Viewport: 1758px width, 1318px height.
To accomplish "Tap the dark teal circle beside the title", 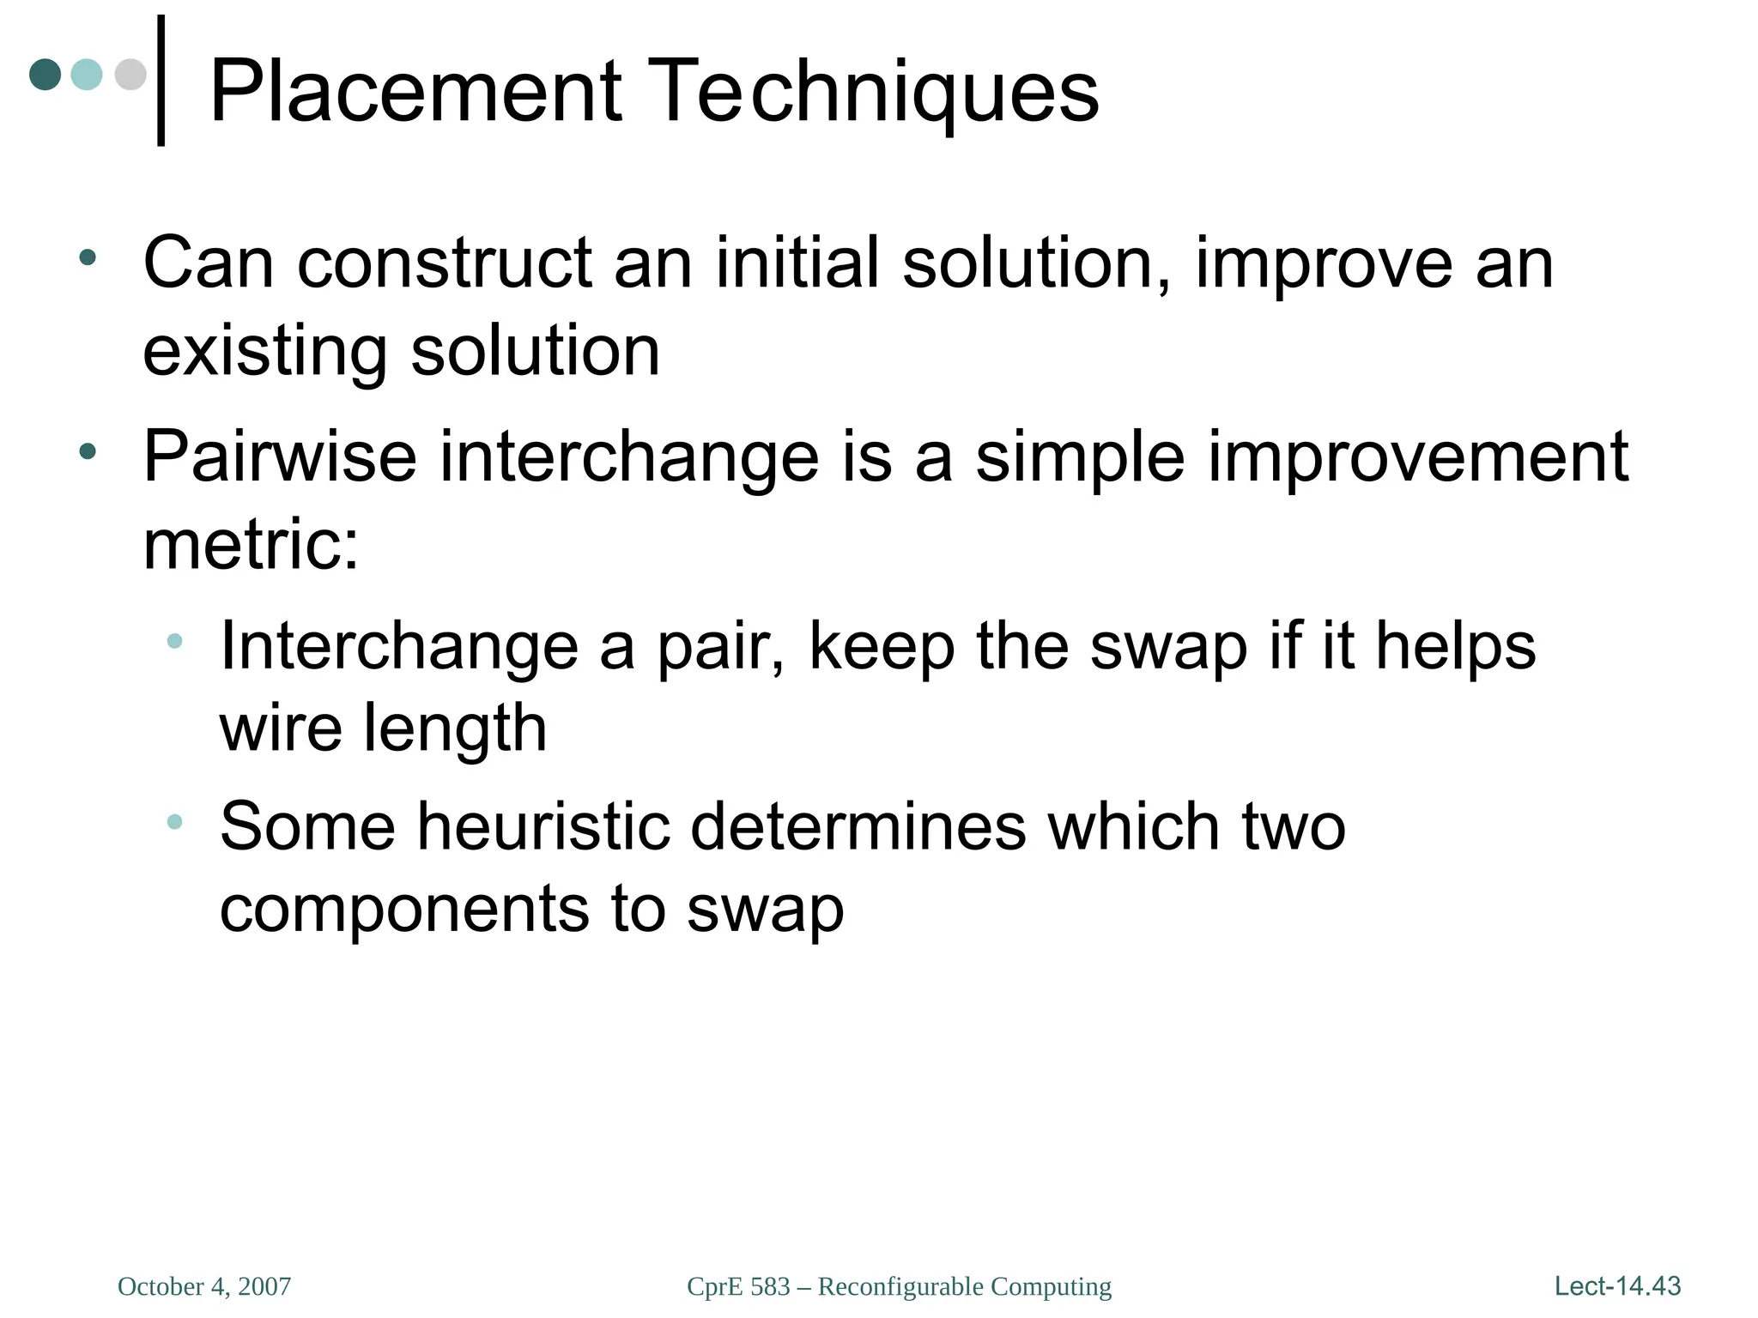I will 45,75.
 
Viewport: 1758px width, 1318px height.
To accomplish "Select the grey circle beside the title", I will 130,75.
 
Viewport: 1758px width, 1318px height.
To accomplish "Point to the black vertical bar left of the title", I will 161,81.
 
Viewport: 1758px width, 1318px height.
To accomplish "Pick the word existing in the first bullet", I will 265,352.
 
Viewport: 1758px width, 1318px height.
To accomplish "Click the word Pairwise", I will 280,456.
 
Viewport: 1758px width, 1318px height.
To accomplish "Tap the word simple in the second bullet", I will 1080,458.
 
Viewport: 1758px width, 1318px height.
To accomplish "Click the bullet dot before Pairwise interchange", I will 87,451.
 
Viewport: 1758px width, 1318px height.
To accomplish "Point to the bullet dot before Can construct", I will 87,257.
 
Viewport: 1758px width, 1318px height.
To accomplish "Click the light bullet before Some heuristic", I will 175,821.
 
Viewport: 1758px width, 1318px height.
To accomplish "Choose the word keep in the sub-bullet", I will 881,648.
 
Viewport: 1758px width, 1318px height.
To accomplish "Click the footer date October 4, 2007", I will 204,1286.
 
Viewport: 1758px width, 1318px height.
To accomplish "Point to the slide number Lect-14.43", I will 1617,1286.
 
